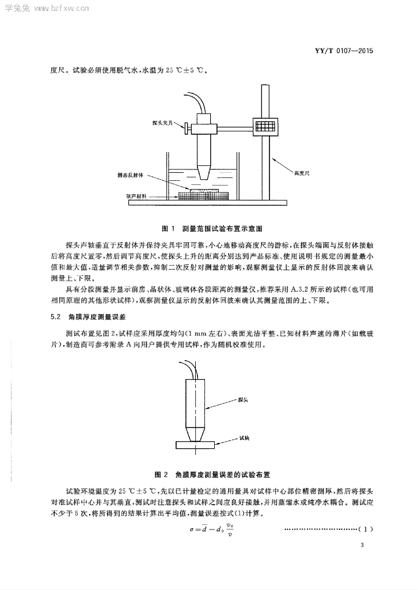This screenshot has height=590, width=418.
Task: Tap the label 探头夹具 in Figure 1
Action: click(x=162, y=123)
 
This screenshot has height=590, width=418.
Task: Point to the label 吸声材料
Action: click(x=136, y=196)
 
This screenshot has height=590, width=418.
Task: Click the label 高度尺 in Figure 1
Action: click(x=302, y=173)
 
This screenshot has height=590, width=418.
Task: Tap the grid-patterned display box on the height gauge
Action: click(x=267, y=126)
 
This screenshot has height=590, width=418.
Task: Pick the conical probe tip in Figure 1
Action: click(x=204, y=172)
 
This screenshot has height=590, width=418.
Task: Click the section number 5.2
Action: click(x=55, y=317)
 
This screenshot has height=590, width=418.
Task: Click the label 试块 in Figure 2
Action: click(x=245, y=438)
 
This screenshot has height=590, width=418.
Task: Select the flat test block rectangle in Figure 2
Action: click(x=195, y=445)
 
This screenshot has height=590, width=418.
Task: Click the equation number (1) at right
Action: click(x=366, y=530)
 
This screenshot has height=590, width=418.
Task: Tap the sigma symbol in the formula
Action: click(x=191, y=530)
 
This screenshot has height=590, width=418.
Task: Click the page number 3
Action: click(x=362, y=545)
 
